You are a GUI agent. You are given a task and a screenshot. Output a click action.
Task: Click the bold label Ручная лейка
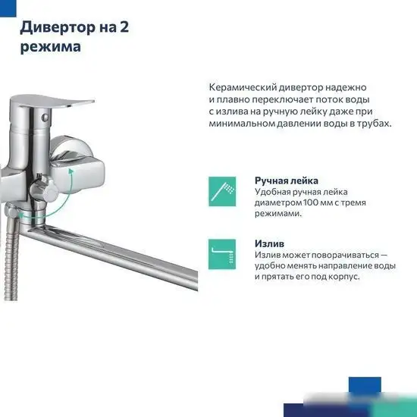pos(286,180)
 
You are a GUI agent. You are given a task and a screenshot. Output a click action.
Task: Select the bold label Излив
pos(270,243)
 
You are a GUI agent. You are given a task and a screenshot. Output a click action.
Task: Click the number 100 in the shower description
pos(308,202)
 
